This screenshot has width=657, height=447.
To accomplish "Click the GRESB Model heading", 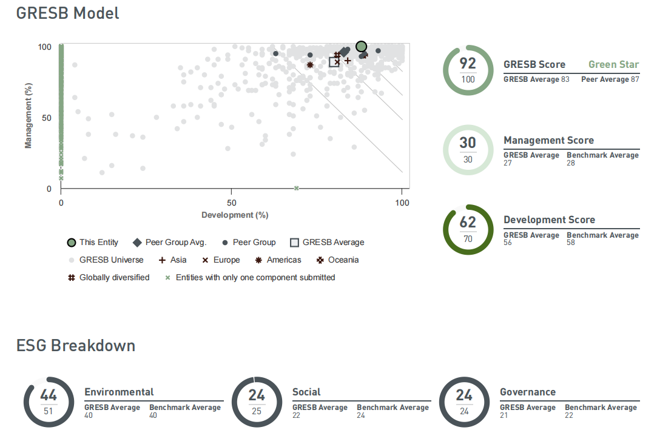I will pyautogui.click(x=67, y=13).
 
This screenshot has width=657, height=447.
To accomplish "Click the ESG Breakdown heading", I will pyautogui.click(x=75, y=346).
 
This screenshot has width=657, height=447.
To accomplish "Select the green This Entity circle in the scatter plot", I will pyautogui.click(x=362, y=46).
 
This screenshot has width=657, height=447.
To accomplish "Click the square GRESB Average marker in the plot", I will pyautogui.click(x=334, y=62).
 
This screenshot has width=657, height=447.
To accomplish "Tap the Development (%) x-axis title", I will pyautogui.click(x=235, y=215).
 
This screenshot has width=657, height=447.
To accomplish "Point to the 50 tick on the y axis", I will pyautogui.click(x=47, y=118).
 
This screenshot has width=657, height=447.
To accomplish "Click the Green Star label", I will pyautogui.click(x=613, y=64).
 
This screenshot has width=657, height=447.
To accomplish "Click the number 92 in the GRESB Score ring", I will pyautogui.click(x=468, y=64).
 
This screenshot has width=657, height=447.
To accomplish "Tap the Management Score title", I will pyautogui.click(x=548, y=140).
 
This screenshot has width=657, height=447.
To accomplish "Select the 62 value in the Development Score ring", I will pyautogui.click(x=468, y=222).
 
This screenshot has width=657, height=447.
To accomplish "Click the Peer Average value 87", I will pyautogui.click(x=635, y=79).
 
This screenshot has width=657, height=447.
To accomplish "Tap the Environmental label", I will pyautogui.click(x=119, y=392).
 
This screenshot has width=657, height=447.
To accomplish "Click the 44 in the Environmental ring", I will pyautogui.click(x=49, y=395).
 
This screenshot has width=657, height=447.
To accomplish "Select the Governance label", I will pyautogui.click(x=528, y=392).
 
